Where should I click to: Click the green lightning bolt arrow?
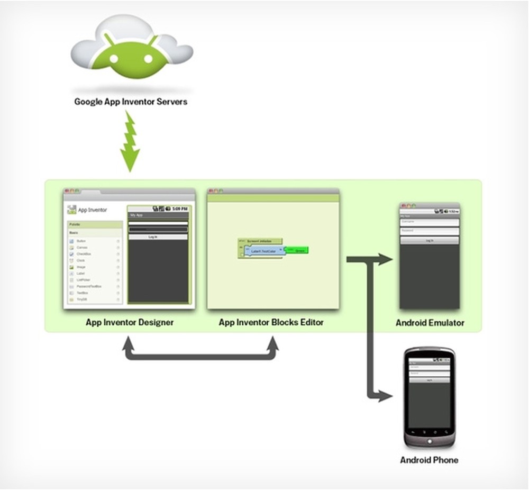pos(130,142)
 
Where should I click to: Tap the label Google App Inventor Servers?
pos(131,101)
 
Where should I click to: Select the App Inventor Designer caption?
pos(130,322)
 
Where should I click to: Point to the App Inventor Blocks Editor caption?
pos(271,322)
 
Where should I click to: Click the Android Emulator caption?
pos(430,322)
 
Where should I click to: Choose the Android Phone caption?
pos(429,460)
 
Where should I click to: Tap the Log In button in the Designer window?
pos(158,237)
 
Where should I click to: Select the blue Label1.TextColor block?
pos(264,251)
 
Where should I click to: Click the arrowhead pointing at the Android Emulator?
pos(386,259)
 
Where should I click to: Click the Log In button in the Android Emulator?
pos(430,240)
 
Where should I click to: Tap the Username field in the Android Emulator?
pos(430,222)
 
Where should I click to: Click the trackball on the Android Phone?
pos(429,438)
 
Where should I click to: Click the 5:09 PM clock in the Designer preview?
pos(180,208)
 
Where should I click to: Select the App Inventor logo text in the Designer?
pos(93,210)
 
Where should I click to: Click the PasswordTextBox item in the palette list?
pos(88,286)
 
